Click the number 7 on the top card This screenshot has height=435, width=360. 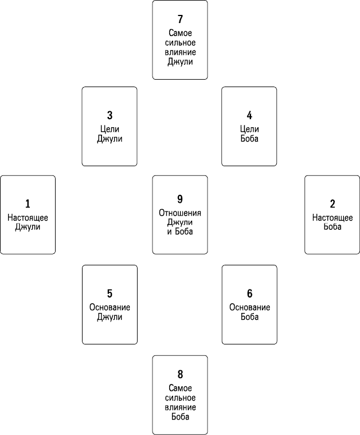tap(180, 19)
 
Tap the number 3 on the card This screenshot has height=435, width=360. tap(109, 115)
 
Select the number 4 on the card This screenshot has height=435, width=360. tap(249, 115)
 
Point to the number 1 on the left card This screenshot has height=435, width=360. tap(28, 204)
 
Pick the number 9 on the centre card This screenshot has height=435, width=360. tap(180, 199)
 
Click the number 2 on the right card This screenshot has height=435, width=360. tap(332, 204)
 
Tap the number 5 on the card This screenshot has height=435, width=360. tap(109, 293)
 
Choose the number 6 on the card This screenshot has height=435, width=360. tap(249, 293)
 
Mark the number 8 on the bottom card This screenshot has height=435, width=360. tap(180, 374)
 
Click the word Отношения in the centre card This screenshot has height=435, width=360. tap(180, 213)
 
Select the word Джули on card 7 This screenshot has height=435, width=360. tap(180, 61)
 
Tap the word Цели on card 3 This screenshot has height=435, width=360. tap(109, 129)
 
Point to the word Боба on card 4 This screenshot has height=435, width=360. tap(249, 139)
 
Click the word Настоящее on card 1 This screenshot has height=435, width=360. tap(28, 218)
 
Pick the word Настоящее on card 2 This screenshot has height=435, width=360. tap(332, 218)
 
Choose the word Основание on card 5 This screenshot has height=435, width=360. tap(109, 307)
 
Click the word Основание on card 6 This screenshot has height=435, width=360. tap(249, 307)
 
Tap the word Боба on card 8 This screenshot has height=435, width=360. tap(180, 417)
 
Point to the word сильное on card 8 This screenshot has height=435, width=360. tap(180, 398)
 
